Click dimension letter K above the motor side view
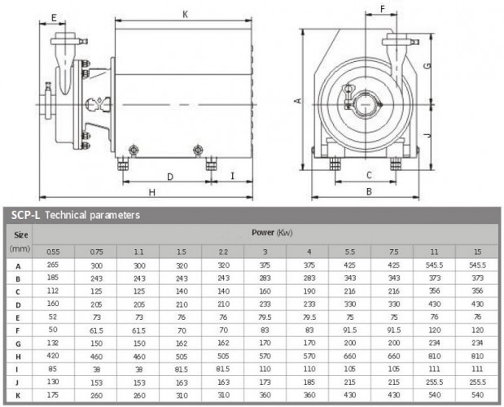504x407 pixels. [186, 14]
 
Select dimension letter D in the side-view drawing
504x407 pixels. [169, 176]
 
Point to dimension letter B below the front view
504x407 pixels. [369, 191]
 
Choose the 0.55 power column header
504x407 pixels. [52, 251]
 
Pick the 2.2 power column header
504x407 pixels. [222, 251]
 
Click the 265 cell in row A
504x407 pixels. [52, 265]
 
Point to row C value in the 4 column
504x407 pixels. [308, 290]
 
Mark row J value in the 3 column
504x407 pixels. [265, 382]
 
